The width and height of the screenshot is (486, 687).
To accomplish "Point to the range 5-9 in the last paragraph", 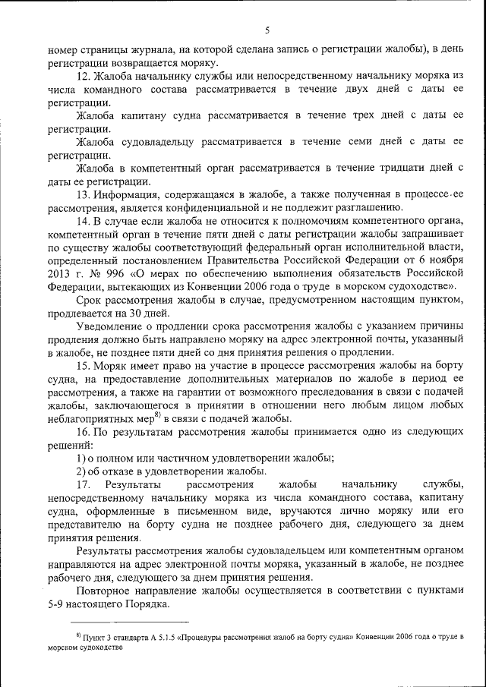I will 57,603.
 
